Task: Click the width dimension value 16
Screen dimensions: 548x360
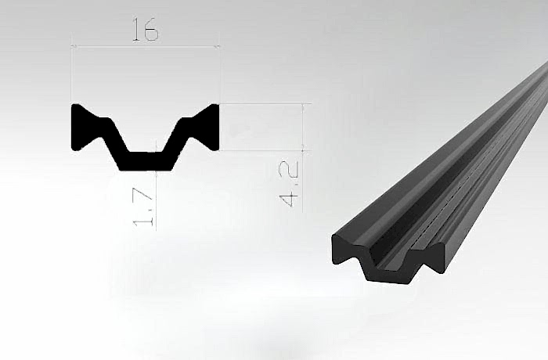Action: click(x=146, y=30)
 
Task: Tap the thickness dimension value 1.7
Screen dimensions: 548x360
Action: click(x=144, y=207)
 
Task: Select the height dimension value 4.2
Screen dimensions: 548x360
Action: click(x=290, y=183)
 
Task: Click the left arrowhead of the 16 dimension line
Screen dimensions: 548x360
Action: click(x=74, y=46)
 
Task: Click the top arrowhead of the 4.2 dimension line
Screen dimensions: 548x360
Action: click(x=303, y=106)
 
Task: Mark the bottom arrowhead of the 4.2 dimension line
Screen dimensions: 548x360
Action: click(x=303, y=147)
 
